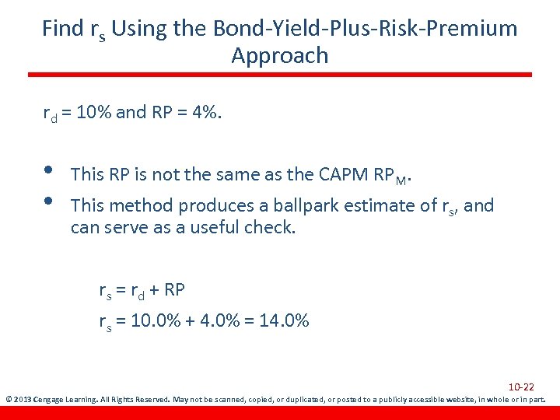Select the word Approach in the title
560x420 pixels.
pyautogui.click(x=280, y=56)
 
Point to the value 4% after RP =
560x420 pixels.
pyautogui.click(x=204, y=113)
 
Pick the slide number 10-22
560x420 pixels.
pyautogui.click(x=521, y=387)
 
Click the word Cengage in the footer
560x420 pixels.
pyautogui.click(x=52, y=401)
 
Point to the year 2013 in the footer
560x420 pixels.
pyautogui.click(x=23, y=401)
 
